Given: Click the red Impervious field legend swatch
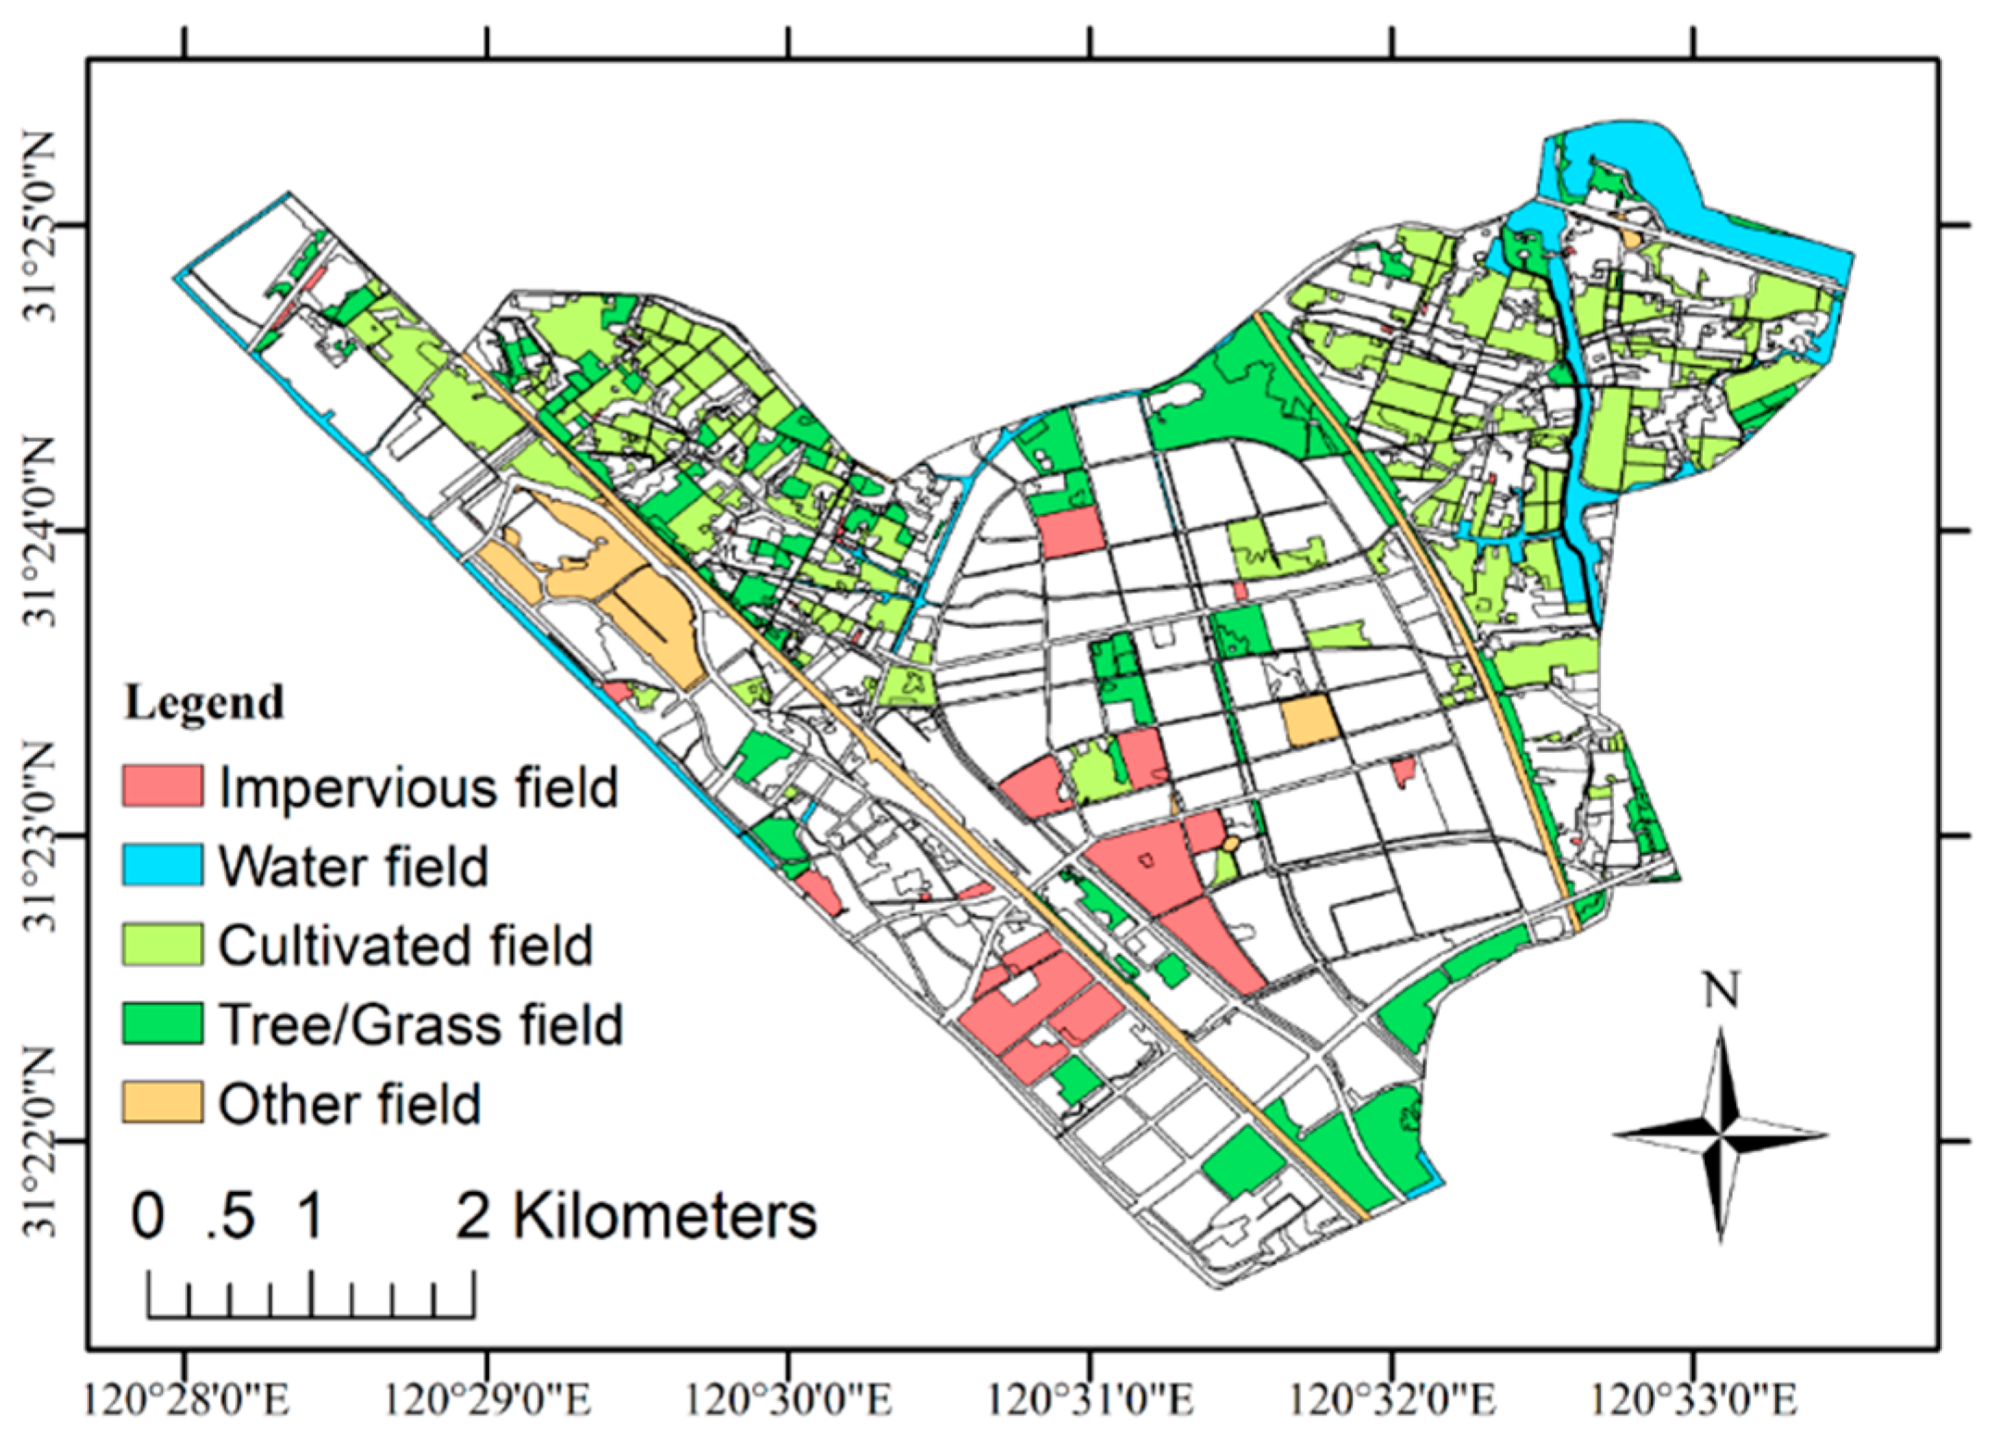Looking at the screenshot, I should pyautogui.click(x=162, y=786).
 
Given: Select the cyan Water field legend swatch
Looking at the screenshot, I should pyautogui.click(x=162, y=865).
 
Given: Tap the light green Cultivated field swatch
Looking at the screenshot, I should pyautogui.click(x=162, y=945).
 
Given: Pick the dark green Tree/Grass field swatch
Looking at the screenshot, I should pyautogui.click(x=162, y=1024).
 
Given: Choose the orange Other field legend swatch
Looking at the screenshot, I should pyautogui.click(x=162, y=1103).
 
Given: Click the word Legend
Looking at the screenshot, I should pyautogui.click(x=204, y=703).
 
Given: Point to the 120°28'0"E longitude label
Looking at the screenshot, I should pyautogui.click(x=185, y=1399).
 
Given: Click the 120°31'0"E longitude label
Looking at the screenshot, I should pyautogui.click(x=1090, y=1399).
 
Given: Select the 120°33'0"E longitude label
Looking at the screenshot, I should pyautogui.click(x=1694, y=1399).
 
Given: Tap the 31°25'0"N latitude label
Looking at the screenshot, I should pyautogui.click(x=40, y=225).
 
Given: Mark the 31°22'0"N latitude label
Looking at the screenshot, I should pyautogui.click(x=40, y=1142).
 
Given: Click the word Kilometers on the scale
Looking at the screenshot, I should pyautogui.click(x=665, y=1216).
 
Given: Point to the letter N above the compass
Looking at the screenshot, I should pyautogui.click(x=1721, y=990).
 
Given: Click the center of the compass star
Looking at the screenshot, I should pyautogui.click(x=1721, y=1134).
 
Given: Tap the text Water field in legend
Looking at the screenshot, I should pyautogui.click(x=353, y=867).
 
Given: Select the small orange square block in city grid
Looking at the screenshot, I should pyautogui.click(x=1309, y=721).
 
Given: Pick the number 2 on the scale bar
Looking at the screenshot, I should pyautogui.click(x=472, y=1216).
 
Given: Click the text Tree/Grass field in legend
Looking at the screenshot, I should pyautogui.click(x=420, y=1025).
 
